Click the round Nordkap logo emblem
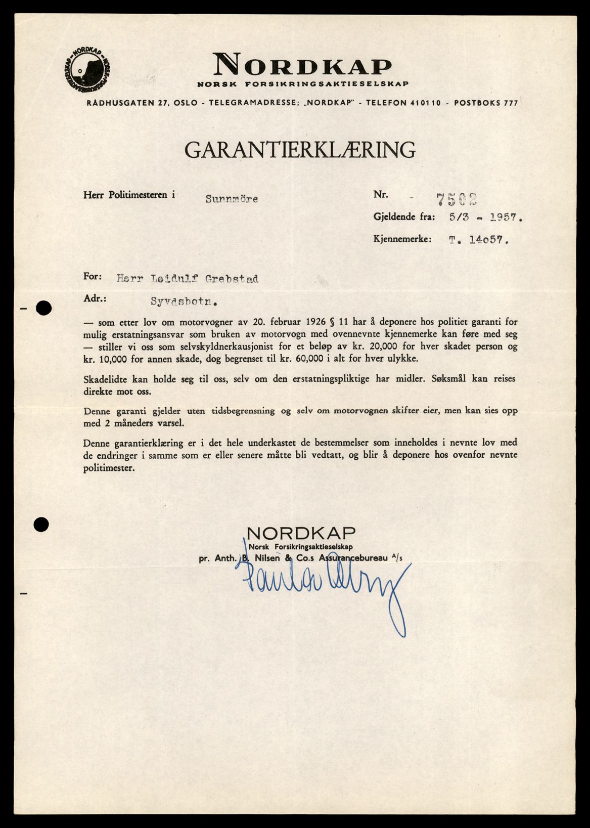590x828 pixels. point(87,70)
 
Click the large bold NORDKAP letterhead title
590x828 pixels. point(302,65)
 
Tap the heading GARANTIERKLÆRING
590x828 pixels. point(300,150)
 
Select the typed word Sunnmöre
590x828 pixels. point(232,199)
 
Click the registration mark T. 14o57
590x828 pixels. point(478,240)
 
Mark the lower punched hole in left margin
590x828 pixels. point(41,525)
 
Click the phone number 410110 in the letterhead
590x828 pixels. point(425,103)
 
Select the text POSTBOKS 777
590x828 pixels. point(486,103)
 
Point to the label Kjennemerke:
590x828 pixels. point(402,239)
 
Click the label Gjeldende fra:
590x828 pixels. point(404,217)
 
